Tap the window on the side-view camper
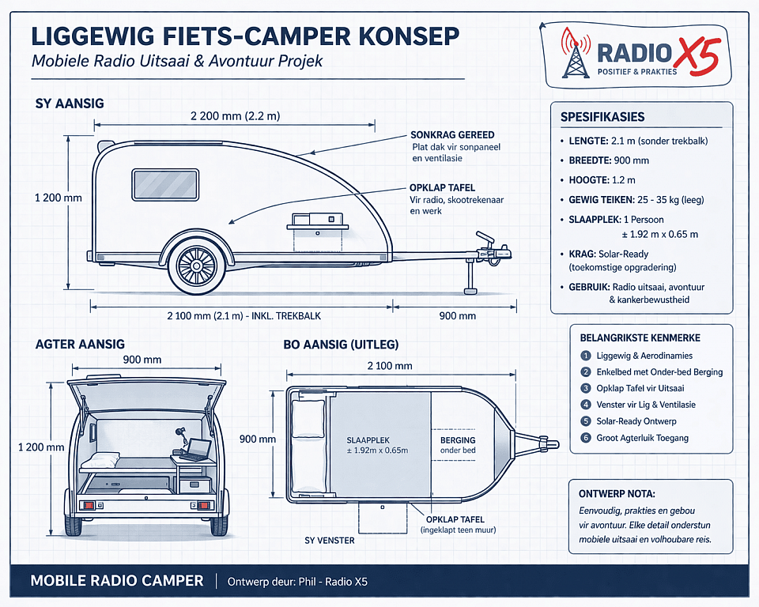pos(164,184)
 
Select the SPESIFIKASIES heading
pos(602,117)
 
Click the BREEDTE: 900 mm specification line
pos(609,160)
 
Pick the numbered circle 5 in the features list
pos(586,421)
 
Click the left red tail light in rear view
pos(89,504)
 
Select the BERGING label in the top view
pos(458,439)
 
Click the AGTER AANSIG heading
pos(80,345)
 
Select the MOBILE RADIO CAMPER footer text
pos(116,581)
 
